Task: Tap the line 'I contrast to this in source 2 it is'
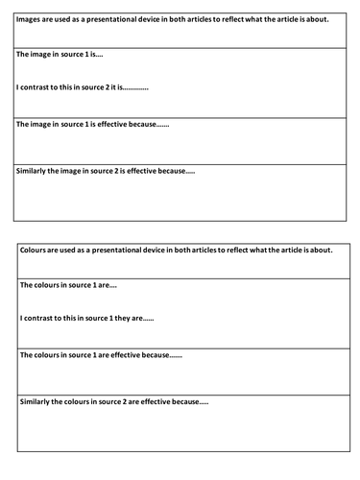pyautogui.click(x=82, y=87)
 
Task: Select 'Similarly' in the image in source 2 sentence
pyautogui.click(x=36, y=171)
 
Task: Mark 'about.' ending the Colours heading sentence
pyautogui.click(x=322, y=252)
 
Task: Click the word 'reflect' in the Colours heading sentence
pyautogui.click(x=234, y=252)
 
